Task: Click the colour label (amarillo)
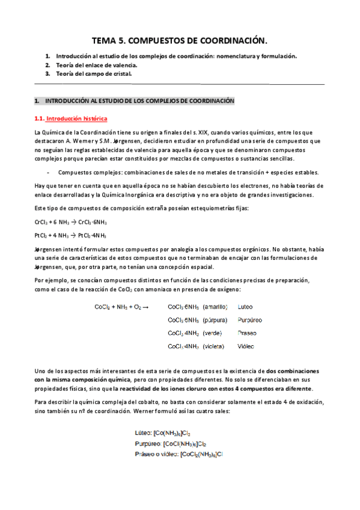coord(215,307)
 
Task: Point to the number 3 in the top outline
coord(47,73)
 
